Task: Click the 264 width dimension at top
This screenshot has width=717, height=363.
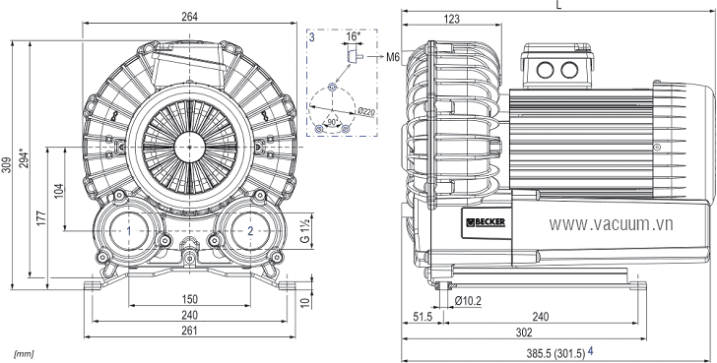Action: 189,17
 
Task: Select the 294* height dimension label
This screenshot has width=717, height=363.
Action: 25,157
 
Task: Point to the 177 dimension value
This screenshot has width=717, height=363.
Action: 41,218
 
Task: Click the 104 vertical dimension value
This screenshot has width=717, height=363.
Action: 58,192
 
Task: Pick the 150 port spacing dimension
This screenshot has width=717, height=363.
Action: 189,299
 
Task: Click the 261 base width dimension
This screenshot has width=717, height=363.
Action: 189,331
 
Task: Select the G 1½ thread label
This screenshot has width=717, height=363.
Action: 306,231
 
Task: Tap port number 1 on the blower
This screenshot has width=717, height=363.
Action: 129,231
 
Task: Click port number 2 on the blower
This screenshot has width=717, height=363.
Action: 250,231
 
